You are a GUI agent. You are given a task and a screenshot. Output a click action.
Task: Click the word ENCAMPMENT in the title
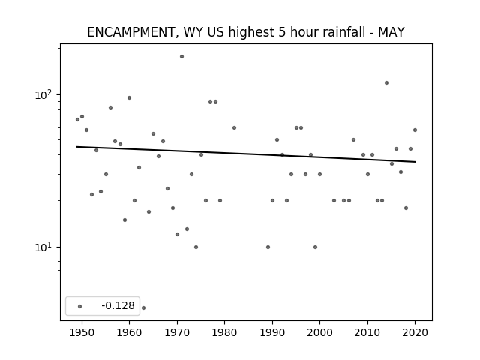130,32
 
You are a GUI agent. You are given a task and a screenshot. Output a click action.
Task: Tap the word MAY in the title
391,32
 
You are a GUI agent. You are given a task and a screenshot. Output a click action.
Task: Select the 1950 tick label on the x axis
82,332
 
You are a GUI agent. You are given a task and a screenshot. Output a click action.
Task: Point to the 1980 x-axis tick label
224,332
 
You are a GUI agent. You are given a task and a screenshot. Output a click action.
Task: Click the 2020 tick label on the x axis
415,332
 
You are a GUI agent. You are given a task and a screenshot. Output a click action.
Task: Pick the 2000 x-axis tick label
319,332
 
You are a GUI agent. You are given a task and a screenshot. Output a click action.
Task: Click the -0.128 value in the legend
118,305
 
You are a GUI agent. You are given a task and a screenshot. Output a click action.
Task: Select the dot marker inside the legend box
79,306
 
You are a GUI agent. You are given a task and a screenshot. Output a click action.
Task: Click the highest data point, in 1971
181,57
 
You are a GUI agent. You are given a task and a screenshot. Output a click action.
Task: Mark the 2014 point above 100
387,83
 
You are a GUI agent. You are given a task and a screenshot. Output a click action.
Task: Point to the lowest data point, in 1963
143,307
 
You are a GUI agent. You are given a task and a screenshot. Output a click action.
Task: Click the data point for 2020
415,130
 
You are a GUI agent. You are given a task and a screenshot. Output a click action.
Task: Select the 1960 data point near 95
129,98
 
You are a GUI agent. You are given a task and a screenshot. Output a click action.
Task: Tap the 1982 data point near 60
234,128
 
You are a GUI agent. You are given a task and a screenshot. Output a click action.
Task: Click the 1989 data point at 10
268,247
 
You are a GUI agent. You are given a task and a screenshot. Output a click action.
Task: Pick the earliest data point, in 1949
77,120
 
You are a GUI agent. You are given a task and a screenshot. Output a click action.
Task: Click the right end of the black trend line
415,162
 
